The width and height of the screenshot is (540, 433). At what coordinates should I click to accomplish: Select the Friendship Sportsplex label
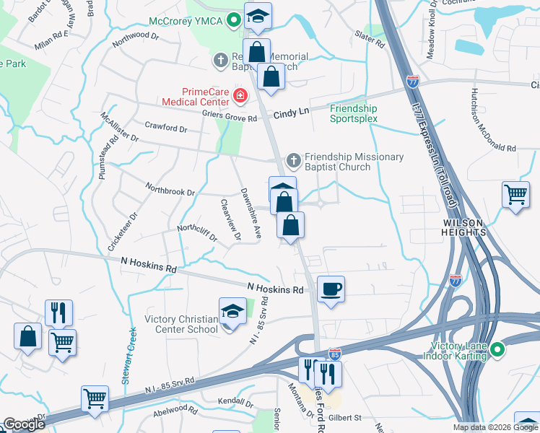354,113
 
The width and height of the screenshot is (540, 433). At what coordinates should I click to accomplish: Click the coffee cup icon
331,289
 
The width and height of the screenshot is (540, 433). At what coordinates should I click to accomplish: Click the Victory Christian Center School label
181,325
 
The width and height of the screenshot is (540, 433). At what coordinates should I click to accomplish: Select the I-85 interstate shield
334,354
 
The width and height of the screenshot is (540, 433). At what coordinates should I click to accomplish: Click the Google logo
24,424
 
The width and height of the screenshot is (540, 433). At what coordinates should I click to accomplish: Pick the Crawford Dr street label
165,128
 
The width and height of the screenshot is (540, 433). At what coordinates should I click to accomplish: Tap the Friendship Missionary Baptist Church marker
294,159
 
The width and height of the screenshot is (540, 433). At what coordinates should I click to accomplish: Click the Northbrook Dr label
170,193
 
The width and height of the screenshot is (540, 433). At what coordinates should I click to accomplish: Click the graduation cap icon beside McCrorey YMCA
256,17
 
